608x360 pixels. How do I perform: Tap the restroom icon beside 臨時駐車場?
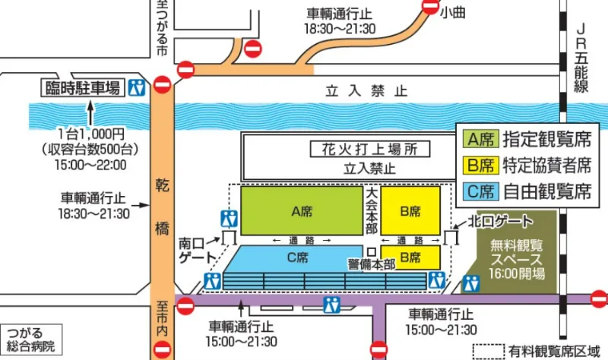coord(137,87)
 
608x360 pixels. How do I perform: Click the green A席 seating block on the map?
coord(301,209)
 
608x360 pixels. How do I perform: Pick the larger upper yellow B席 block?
coord(410,209)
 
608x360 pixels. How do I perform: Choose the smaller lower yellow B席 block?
coord(410,257)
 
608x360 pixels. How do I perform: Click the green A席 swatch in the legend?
coord(480,139)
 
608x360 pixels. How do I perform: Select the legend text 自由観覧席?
coord(547,191)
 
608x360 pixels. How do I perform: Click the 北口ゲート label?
coord(500,220)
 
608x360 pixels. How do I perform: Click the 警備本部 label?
coord(371,264)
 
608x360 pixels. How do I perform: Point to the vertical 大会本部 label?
coord(371,209)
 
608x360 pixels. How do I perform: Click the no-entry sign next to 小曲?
coord(429,8)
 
